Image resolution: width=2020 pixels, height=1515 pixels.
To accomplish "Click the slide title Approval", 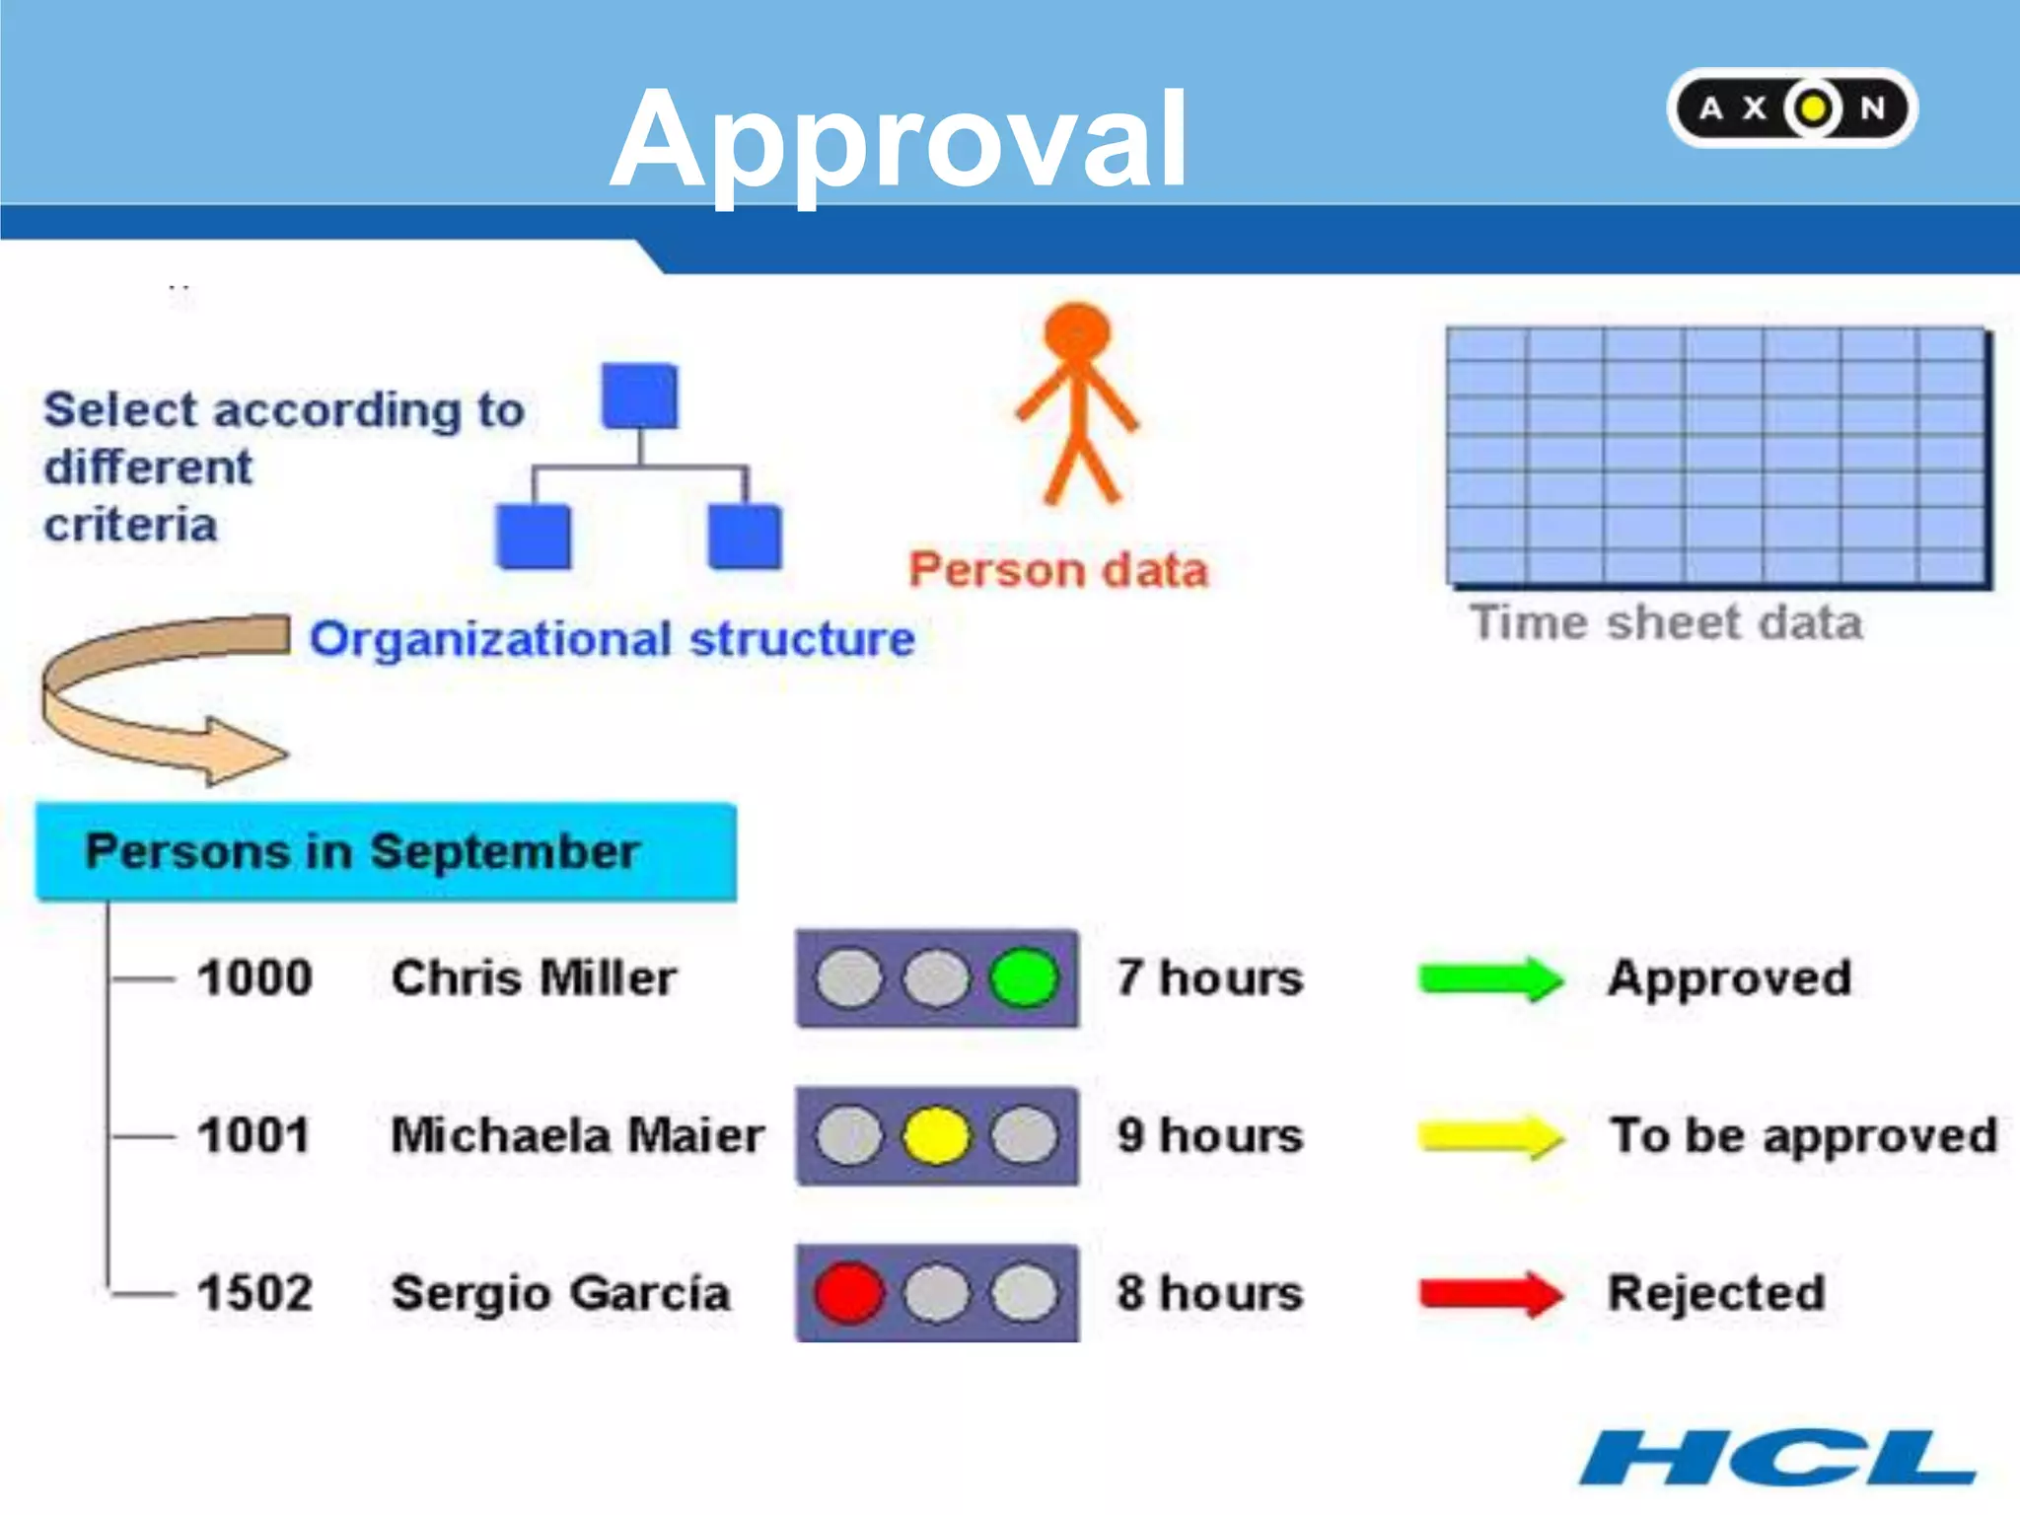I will tap(900, 140).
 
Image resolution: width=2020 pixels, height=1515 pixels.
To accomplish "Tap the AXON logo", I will tap(1792, 108).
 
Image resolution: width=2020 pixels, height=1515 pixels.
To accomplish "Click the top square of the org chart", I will tap(640, 397).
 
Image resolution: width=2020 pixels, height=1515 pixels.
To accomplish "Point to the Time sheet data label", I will tap(1666, 623).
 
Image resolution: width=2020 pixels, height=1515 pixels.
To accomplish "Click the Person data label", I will tap(1058, 570).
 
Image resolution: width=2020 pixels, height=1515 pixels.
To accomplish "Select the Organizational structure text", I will tap(613, 639).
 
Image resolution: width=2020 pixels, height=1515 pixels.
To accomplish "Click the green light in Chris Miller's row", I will tap(1024, 978).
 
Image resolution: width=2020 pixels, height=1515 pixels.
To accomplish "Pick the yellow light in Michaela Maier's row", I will tap(935, 1136).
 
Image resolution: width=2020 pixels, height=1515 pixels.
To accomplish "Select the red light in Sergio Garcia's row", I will tap(848, 1293).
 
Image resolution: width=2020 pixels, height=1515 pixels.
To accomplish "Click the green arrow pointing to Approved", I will tap(1490, 978).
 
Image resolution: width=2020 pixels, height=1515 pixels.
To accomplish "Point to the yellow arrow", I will tap(1490, 1136).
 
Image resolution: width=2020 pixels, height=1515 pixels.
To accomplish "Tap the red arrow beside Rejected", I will tap(1490, 1293).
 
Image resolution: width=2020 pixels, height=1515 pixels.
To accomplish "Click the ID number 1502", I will tap(254, 1293).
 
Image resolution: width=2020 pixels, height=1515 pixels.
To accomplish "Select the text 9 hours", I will tap(1210, 1136).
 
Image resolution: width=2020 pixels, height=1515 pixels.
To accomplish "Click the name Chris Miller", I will tap(534, 978).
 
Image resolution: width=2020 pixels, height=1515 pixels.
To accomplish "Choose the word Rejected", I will tap(1717, 1293).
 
